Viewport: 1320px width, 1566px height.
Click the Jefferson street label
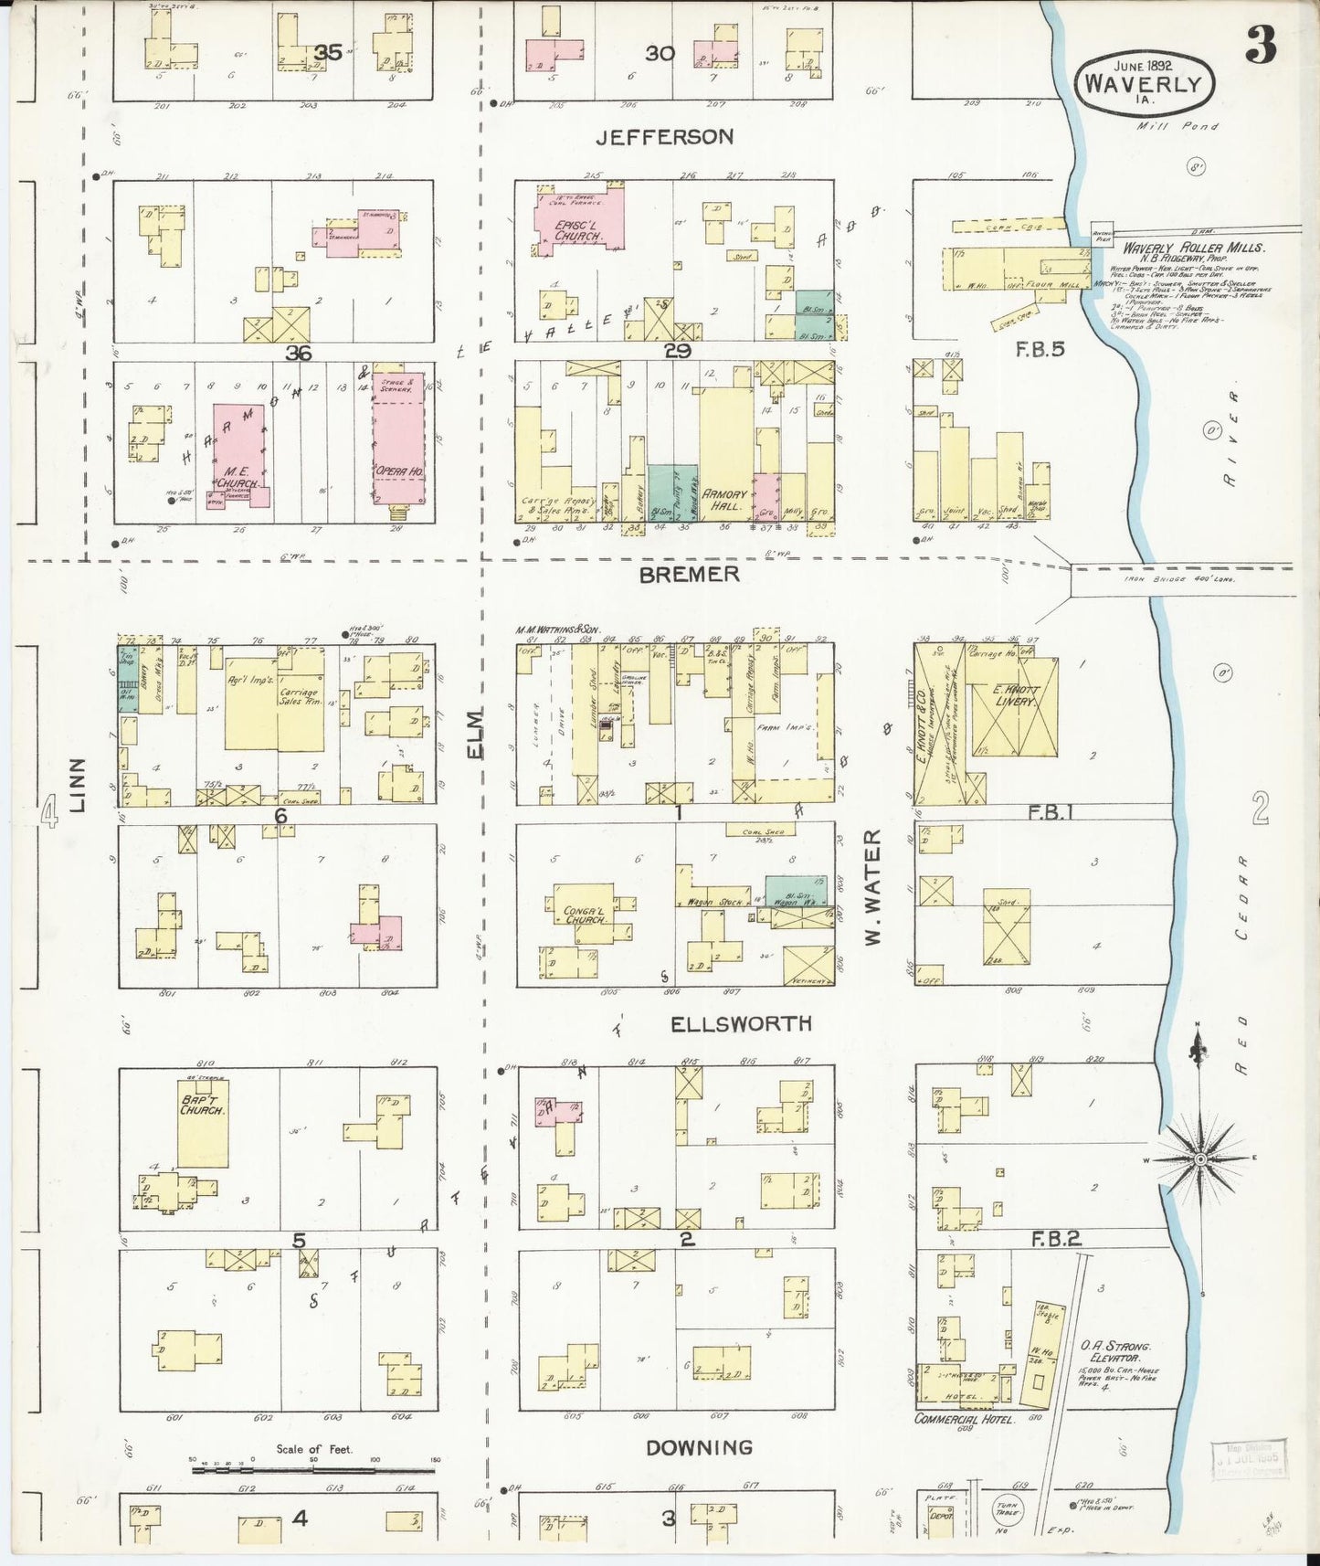(x=664, y=137)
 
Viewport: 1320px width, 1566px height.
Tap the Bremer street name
(x=689, y=575)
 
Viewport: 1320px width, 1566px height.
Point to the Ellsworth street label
(x=741, y=1023)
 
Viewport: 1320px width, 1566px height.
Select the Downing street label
(x=699, y=1447)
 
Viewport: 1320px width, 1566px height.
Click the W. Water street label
(x=872, y=886)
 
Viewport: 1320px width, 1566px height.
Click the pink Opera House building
(x=399, y=439)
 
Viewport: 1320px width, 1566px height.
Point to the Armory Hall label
(x=724, y=499)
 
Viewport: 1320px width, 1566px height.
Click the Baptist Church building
(x=202, y=1124)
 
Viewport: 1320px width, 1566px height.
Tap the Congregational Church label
(x=586, y=914)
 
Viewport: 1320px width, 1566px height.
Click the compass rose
(x=1200, y=1158)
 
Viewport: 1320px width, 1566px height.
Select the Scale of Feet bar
(x=313, y=1470)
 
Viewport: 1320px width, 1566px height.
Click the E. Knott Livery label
(x=1014, y=695)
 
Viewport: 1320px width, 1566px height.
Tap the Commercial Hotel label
(x=964, y=1419)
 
